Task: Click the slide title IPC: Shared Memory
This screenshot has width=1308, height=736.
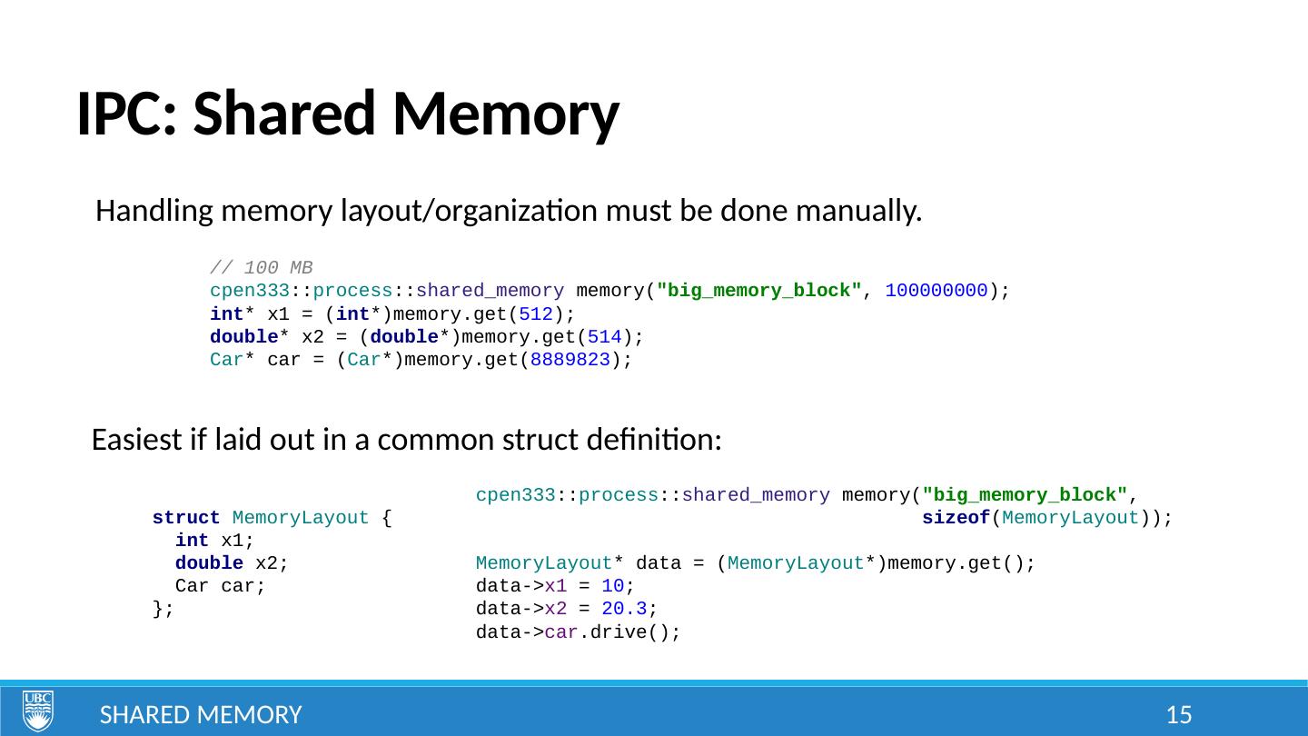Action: click(x=347, y=115)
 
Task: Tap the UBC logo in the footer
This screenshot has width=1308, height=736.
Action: click(x=38, y=711)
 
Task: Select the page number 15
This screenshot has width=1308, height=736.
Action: click(x=1178, y=715)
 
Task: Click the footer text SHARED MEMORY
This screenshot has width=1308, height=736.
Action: click(x=200, y=715)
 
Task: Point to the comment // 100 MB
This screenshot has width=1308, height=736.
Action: click(x=261, y=268)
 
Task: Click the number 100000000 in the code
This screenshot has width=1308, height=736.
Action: click(x=936, y=292)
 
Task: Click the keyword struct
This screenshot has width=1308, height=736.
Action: click(x=186, y=519)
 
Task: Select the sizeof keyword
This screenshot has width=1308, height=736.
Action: click(x=955, y=519)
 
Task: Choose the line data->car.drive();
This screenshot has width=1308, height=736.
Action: click(x=578, y=632)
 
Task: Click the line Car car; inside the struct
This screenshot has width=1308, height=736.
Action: click(x=221, y=587)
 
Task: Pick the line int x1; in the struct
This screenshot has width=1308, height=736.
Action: click(x=214, y=542)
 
